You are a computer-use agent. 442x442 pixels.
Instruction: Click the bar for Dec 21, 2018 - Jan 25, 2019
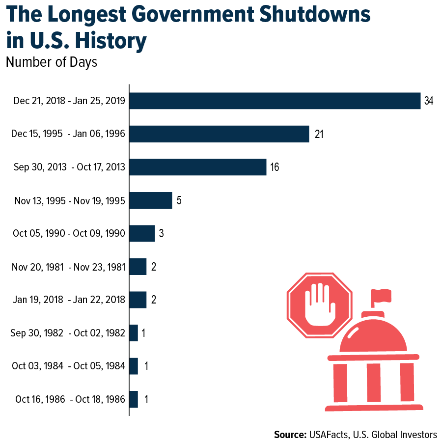[275, 101]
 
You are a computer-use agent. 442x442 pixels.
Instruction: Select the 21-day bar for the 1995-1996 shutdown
[219, 134]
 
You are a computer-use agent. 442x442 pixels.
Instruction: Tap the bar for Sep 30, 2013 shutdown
[197, 167]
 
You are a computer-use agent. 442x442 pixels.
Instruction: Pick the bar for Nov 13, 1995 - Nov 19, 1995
[151, 200]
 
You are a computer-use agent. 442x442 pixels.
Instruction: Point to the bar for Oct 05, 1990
[142, 233]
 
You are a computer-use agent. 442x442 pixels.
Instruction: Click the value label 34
[429, 101]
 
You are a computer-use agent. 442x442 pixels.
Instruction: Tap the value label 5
[179, 200]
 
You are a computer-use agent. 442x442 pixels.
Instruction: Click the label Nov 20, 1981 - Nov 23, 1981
[68, 267]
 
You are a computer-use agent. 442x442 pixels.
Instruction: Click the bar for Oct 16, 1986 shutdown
[134, 399]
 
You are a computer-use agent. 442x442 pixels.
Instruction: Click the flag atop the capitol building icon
[381, 296]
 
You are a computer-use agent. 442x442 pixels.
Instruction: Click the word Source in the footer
[290, 434]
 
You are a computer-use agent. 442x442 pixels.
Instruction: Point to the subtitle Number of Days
[52, 62]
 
